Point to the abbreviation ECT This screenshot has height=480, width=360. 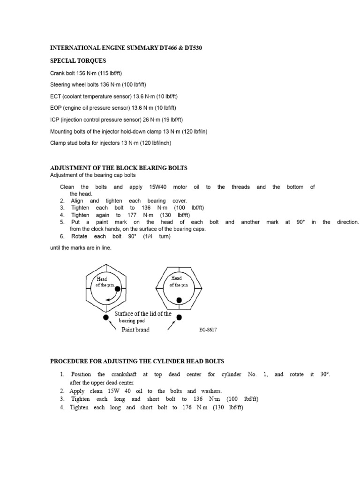tap(55, 96)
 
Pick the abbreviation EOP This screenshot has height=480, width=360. tap(56, 108)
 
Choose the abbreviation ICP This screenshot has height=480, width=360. tap(55, 120)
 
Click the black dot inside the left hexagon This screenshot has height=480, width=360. tap(118, 289)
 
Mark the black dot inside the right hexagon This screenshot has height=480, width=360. tap(179, 300)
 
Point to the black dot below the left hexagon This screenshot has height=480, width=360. tap(106, 317)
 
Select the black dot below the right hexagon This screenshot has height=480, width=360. tap(179, 317)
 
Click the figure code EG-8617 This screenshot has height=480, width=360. tap(208, 330)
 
